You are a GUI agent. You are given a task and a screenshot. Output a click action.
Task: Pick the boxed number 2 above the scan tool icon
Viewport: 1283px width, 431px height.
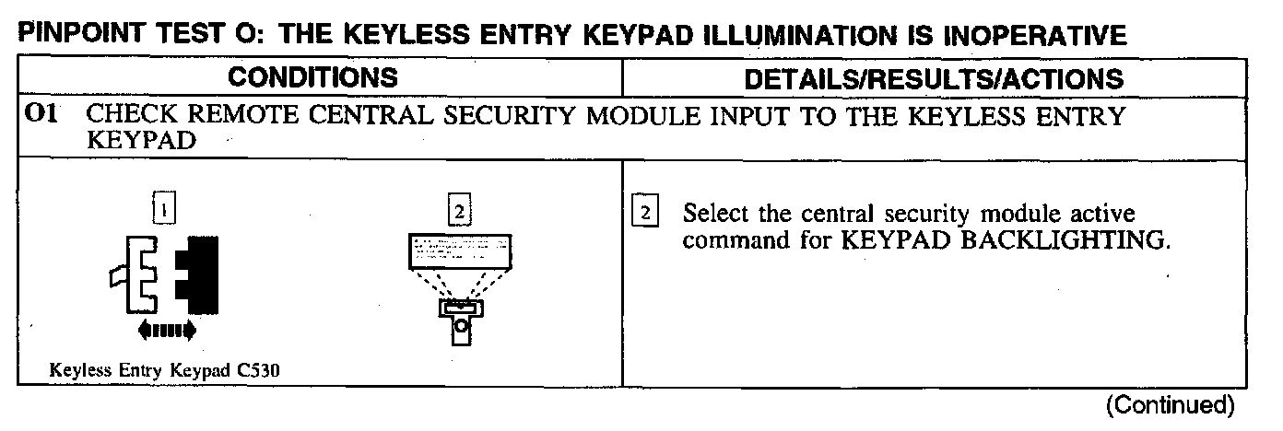pyautogui.click(x=457, y=212)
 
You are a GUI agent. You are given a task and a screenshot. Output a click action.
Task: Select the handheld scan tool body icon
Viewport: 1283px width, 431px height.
pyautogui.click(x=460, y=318)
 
